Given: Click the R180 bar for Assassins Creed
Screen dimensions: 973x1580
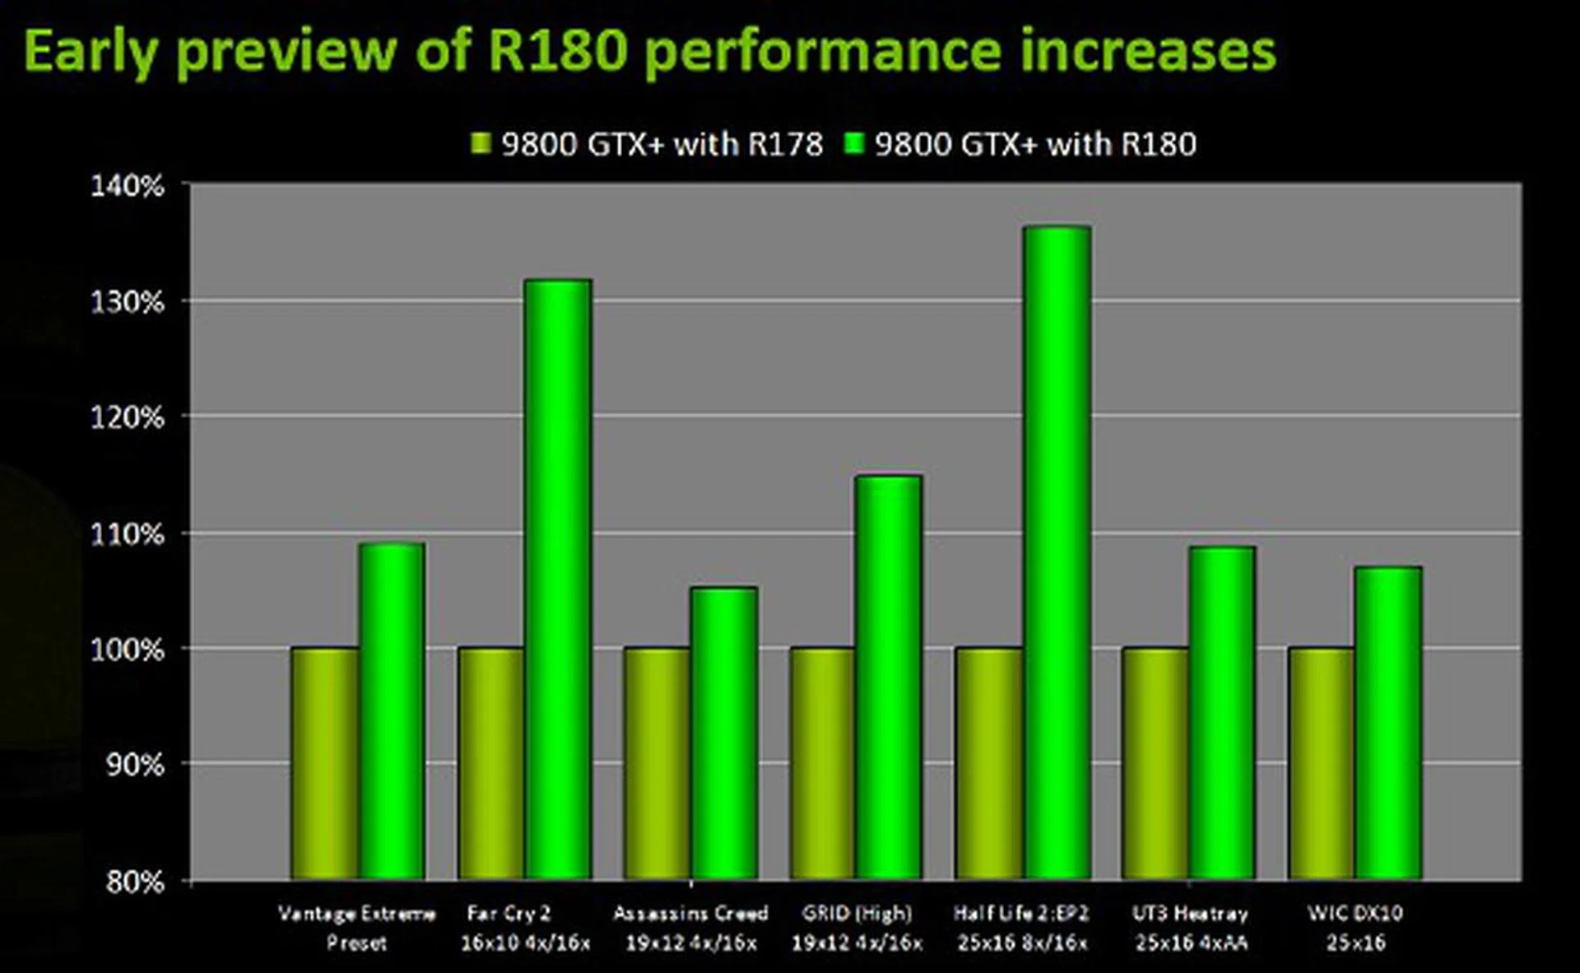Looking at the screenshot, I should click(x=723, y=733).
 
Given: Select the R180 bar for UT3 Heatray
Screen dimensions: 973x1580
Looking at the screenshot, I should click(x=1222, y=712).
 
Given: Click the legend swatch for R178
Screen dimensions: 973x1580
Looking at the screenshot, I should click(x=481, y=144).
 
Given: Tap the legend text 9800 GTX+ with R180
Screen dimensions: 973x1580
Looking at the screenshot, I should click(x=1035, y=145).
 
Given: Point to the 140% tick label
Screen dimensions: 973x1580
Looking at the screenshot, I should click(x=128, y=186).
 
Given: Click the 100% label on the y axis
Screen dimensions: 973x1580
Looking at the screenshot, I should click(x=128, y=650).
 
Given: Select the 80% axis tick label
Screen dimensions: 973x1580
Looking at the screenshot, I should click(x=134, y=882).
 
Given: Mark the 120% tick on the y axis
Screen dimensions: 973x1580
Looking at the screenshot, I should click(x=128, y=418).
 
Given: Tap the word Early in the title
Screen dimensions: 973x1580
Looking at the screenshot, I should click(x=91, y=51).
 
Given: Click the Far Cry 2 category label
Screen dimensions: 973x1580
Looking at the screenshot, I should click(x=525, y=928).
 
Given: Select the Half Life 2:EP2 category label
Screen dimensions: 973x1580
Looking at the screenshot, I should click(x=1021, y=928).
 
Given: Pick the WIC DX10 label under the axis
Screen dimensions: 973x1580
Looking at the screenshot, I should click(x=1355, y=928).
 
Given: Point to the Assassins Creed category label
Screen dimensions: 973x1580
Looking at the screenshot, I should click(x=690, y=928).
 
